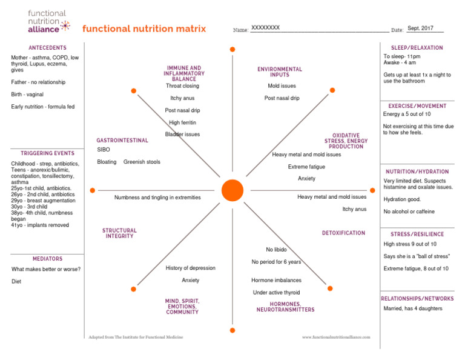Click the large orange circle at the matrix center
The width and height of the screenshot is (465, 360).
pos(232,190)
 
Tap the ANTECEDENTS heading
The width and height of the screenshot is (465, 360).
pos(48,48)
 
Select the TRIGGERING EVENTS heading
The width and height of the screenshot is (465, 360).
pos(48,153)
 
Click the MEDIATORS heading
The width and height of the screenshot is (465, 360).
pos(48,259)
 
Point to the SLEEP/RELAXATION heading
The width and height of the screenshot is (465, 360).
pos(417,48)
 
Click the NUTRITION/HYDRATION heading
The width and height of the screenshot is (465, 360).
pos(417,172)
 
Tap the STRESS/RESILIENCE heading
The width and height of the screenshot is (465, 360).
pos(417,234)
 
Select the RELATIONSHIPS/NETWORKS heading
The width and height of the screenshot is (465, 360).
pos(417,299)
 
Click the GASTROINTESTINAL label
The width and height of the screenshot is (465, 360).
pos(122,141)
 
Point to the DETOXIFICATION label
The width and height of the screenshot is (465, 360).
pos(343,233)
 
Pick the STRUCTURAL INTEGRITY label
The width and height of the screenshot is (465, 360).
pos(119,233)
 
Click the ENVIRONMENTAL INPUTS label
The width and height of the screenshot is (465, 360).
pos(279,72)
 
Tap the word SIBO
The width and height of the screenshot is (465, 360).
pos(104,149)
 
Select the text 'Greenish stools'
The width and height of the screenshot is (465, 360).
pos(142,162)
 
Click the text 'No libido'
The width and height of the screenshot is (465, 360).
pos(276,250)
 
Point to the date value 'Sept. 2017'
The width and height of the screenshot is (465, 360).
pos(421,28)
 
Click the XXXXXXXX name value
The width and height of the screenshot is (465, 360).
pos(265,28)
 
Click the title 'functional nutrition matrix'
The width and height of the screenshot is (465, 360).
pos(144,28)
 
